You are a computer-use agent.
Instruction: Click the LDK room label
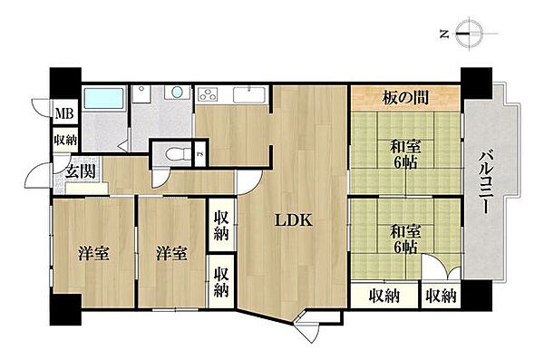tap(294, 220)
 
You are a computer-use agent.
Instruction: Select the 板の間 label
tap(405, 98)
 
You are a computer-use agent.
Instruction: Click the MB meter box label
tap(64, 113)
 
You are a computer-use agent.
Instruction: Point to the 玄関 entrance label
tap(80, 171)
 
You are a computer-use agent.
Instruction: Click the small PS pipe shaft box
tap(200, 154)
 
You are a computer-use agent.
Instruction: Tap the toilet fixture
tap(179, 153)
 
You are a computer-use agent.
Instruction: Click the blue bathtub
tap(104, 98)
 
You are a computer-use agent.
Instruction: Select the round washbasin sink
tap(178, 92)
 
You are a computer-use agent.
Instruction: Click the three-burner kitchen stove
tap(208, 95)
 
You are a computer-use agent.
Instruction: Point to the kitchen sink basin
tap(249, 95)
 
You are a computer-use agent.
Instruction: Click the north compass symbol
tap(469, 34)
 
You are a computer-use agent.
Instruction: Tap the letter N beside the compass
tap(443, 34)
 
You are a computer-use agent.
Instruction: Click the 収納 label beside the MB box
tap(65, 140)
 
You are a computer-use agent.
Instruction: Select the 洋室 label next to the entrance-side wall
tap(93, 253)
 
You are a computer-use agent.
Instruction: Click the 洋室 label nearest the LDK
tap(171, 253)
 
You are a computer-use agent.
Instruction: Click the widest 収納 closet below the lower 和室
tap(384, 296)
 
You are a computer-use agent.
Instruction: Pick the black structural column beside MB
tap(65, 83)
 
